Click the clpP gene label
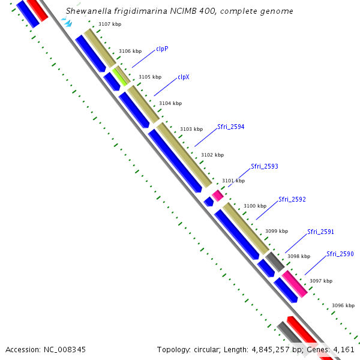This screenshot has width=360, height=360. [162, 49]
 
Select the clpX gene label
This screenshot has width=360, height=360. [183, 77]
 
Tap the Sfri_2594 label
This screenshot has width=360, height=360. [231, 127]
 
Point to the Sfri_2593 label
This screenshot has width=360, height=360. [265, 166]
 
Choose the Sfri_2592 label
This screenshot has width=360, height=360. [292, 199]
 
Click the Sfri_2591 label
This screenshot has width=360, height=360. [320, 232]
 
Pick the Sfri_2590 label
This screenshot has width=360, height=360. [340, 254]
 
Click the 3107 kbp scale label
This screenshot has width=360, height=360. [110, 24]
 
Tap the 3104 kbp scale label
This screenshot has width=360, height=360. [170, 103]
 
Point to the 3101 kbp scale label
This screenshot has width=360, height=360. [233, 181]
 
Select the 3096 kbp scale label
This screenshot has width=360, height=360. [343, 305]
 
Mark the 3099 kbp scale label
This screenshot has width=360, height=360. [277, 231]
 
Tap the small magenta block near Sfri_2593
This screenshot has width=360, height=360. [218, 195]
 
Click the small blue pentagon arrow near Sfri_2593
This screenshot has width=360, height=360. [209, 201]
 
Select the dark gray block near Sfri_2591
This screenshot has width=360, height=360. [275, 261]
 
